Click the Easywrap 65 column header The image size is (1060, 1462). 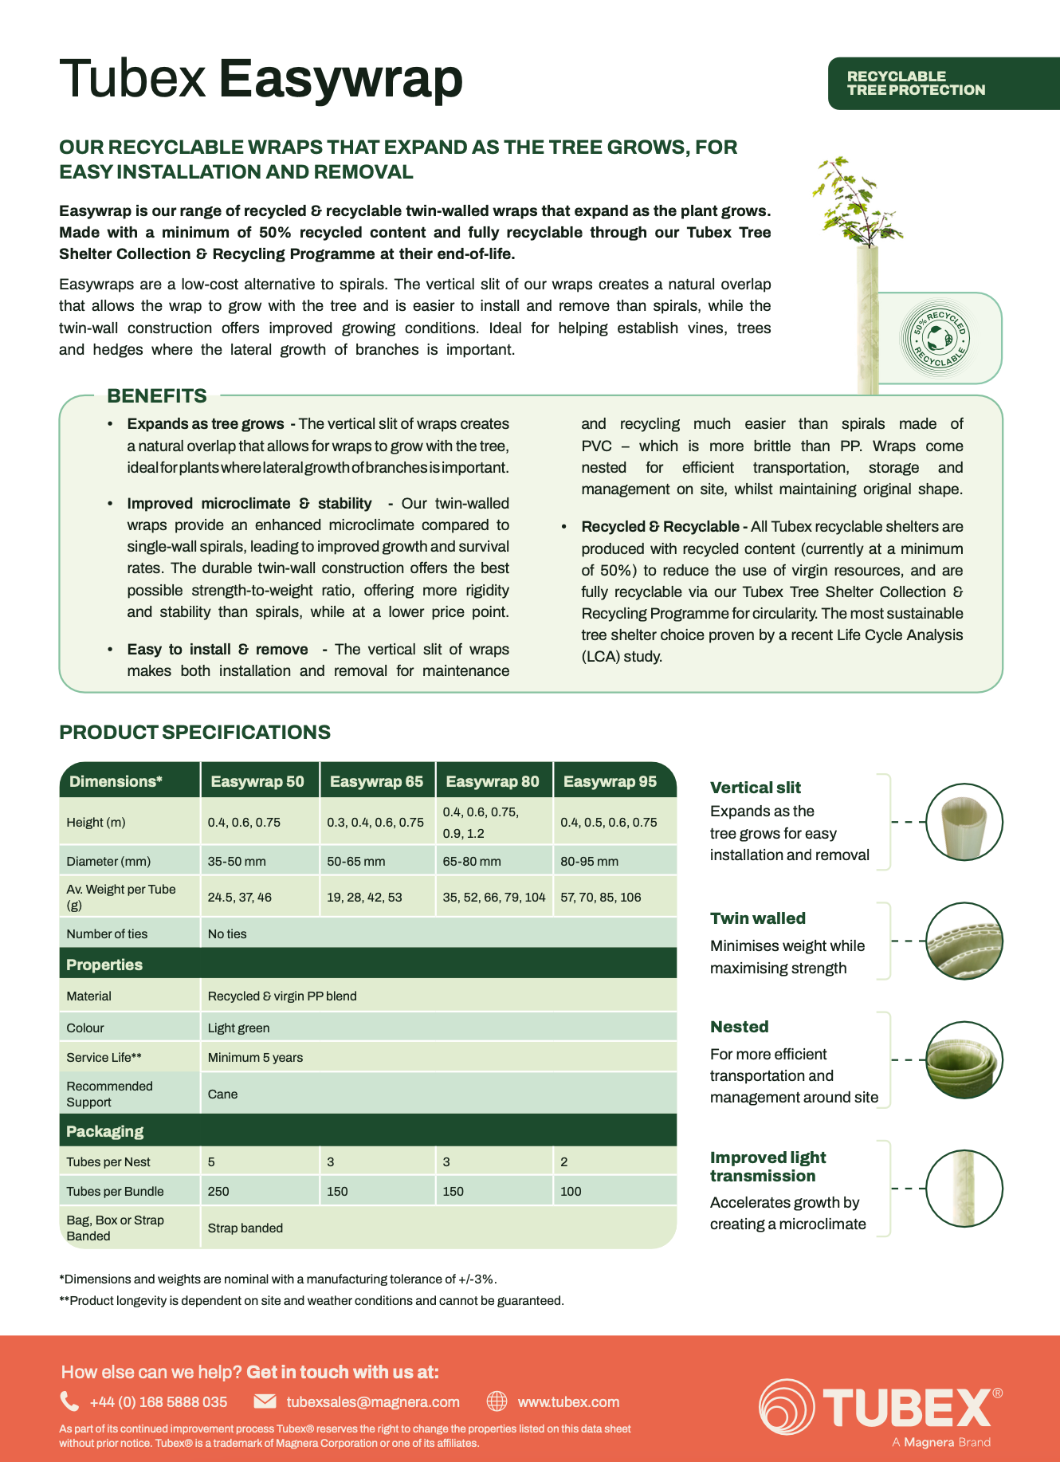click(x=376, y=781)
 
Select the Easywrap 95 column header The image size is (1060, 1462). click(x=610, y=781)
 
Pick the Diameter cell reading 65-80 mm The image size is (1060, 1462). click(x=472, y=861)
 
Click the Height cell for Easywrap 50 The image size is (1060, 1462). click(x=244, y=822)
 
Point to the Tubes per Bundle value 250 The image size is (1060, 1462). click(x=218, y=1191)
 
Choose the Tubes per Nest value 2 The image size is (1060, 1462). click(x=564, y=1161)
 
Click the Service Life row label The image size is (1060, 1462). click(x=104, y=1057)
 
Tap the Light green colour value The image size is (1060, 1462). click(x=238, y=1028)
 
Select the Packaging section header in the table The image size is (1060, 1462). click(x=105, y=1131)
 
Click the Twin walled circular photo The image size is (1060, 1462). click(x=964, y=941)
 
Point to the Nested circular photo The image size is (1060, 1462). click(x=964, y=1060)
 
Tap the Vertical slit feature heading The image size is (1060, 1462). click(x=756, y=788)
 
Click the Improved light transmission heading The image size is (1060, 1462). click(x=768, y=1166)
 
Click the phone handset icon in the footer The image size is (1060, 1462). click(x=69, y=1401)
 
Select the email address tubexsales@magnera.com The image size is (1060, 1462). click(x=373, y=1401)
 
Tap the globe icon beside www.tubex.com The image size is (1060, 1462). click(x=497, y=1401)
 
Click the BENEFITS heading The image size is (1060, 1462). click(x=157, y=395)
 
